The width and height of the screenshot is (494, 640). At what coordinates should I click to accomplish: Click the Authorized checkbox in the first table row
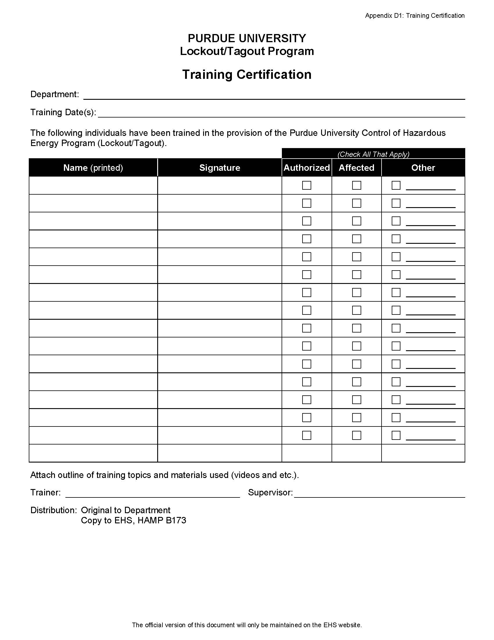(x=306, y=185)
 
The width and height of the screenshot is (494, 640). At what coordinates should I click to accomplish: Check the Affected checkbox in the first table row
(x=357, y=185)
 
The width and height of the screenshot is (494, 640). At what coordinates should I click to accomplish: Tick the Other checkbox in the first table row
(x=396, y=185)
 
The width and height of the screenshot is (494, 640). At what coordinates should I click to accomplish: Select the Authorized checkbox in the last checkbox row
(x=306, y=435)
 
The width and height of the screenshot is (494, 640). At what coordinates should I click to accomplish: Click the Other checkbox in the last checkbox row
(x=396, y=435)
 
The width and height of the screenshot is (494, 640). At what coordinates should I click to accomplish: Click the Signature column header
(x=219, y=168)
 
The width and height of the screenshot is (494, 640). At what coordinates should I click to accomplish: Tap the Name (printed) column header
(x=93, y=168)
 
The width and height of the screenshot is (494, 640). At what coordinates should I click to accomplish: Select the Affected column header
(x=357, y=168)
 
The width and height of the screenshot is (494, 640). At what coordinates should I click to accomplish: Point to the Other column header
(x=423, y=168)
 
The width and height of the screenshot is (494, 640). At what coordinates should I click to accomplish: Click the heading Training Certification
(x=247, y=74)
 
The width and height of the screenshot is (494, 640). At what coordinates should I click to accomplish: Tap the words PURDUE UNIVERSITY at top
(x=247, y=38)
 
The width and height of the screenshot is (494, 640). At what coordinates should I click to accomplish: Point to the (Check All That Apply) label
(x=373, y=154)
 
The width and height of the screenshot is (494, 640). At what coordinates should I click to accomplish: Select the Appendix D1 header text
(x=415, y=15)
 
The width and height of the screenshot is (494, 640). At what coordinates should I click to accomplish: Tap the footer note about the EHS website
(x=247, y=625)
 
